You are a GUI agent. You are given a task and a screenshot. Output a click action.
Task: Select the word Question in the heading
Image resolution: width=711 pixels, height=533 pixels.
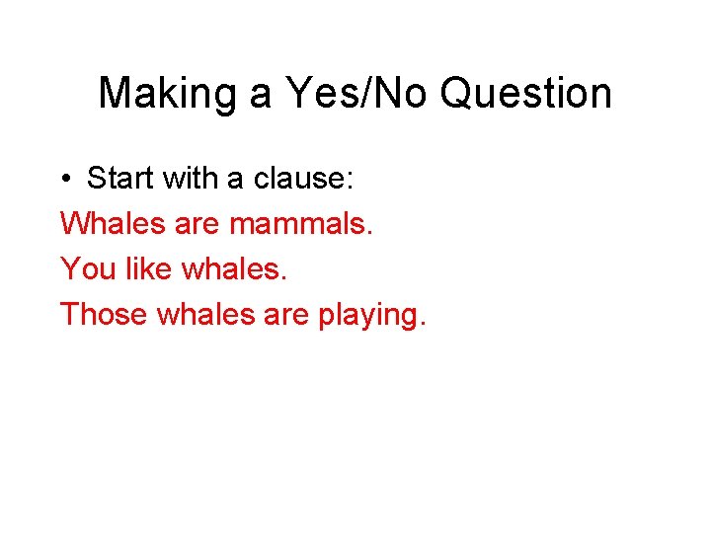pos(526,94)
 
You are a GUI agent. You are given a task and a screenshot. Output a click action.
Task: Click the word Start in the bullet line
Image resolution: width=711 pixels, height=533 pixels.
pos(120,179)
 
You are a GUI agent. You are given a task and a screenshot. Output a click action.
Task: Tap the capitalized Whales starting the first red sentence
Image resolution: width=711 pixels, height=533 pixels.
pos(112,223)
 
